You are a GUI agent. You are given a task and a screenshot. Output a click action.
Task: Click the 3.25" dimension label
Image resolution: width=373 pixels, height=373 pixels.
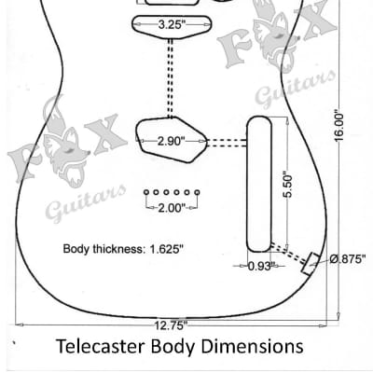(x=170, y=24)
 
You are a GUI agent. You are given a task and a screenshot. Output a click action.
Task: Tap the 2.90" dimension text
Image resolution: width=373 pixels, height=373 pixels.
(x=171, y=141)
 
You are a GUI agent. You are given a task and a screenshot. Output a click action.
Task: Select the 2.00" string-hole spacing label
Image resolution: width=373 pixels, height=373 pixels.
(x=172, y=208)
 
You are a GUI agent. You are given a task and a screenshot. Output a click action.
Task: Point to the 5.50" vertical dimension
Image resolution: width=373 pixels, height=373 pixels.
(x=288, y=184)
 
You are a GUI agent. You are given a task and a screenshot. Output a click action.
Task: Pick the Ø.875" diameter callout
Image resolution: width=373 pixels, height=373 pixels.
(x=347, y=259)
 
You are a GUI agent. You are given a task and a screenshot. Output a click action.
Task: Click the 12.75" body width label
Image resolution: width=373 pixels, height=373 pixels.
(x=171, y=325)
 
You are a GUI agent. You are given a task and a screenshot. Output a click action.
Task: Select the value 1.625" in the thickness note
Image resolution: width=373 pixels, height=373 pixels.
(x=167, y=249)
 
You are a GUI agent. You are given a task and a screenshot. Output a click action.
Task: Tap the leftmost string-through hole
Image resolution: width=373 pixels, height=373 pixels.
(x=146, y=192)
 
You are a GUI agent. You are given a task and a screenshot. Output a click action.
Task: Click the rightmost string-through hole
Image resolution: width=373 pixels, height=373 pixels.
(x=197, y=192)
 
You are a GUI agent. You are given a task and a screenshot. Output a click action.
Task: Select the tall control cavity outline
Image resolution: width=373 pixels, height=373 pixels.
(x=247, y=184)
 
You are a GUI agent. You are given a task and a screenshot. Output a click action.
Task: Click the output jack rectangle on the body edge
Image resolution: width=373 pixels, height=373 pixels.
(x=311, y=264)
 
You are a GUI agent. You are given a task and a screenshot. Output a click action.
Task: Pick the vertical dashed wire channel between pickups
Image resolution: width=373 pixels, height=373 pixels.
(x=170, y=77)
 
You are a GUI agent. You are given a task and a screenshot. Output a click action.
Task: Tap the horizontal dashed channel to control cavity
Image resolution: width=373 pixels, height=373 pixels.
(x=227, y=143)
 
